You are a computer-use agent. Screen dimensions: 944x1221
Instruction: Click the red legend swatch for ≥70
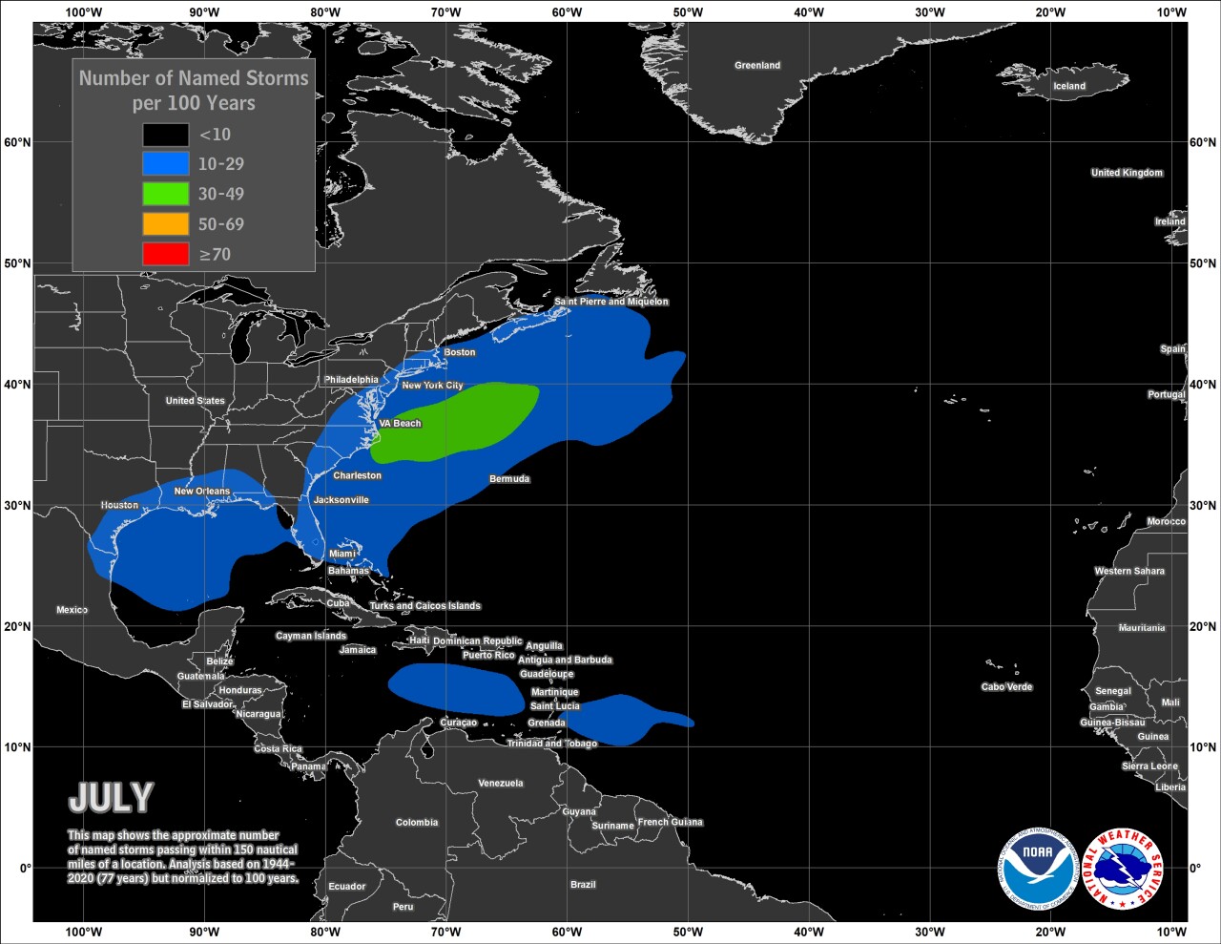click(165, 254)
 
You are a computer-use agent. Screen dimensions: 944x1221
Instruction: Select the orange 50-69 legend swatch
click(165, 224)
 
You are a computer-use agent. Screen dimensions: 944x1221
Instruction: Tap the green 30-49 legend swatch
click(165, 194)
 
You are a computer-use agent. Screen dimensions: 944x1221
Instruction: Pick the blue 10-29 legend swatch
click(165, 164)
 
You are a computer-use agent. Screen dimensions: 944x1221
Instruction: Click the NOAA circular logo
click(1037, 868)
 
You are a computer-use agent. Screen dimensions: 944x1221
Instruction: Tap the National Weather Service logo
click(1125, 868)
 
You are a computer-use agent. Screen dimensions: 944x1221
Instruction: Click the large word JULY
click(111, 798)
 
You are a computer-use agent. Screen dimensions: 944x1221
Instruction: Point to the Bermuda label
click(509, 479)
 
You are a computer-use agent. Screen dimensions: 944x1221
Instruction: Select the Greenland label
click(757, 66)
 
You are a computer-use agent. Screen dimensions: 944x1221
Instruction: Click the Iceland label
click(1069, 86)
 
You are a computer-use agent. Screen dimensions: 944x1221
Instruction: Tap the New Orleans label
click(202, 492)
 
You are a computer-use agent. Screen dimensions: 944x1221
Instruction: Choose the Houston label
click(119, 505)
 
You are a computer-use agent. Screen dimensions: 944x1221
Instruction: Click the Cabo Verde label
click(1006, 687)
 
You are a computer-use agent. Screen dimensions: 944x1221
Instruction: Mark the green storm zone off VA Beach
click(458, 420)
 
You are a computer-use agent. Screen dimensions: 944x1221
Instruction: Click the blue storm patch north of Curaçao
click(455, 687)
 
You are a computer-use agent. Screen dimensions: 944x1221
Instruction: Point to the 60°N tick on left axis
click(16, 142)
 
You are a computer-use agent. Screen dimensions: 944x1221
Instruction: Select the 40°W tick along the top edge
click(808, 12)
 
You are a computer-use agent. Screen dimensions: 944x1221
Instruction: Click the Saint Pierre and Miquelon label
click(611, 302)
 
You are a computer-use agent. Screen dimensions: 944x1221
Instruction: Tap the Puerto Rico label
click(488, 656)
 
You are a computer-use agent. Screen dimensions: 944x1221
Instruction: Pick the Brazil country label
click(583, 885)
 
